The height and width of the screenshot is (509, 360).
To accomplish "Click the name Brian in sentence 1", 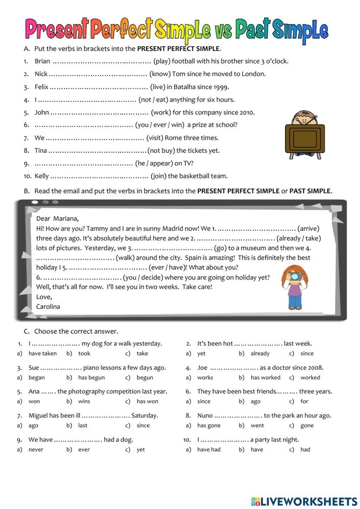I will pyautogui.click(x=43, y=61).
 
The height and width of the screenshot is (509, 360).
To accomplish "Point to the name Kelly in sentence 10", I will pyautogui.click(x=42, y=176).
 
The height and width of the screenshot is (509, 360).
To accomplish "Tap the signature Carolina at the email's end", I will pyautogui.click(x=48, y=306).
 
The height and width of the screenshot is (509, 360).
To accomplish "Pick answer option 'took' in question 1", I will pyautogui.click(x=84, y=353).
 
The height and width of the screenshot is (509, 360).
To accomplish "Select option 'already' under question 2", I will pyautogui.click(x=260, y=353).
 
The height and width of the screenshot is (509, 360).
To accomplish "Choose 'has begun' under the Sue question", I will pyautogui.click(x=91, y=377).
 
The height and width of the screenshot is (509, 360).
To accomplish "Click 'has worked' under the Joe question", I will pyautogui.click(x=265, y=377).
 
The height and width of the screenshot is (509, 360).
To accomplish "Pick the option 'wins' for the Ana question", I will pyautogui.click(x=84, y=401).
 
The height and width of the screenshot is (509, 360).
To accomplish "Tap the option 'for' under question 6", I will pyautogui.click(x=304, y=401).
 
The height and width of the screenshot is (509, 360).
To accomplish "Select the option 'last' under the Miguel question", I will pyautogui.click(x=83, y=425).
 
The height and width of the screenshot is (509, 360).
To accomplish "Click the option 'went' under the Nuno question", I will pyautogui.click(x=257, y=425).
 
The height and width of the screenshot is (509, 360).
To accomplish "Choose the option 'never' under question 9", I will pyautogui.click(x=36, y=449).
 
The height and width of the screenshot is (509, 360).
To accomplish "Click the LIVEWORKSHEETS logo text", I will pyautogui.click(x=309, y=501).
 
